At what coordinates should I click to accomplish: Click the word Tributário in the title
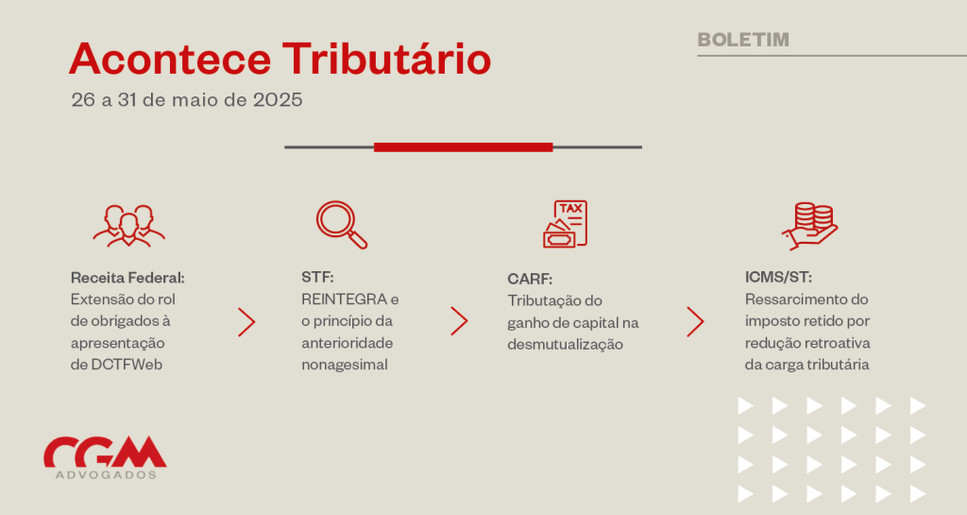tap(386, 60)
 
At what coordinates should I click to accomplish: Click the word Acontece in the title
tap(170, 60)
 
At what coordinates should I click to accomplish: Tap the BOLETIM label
tap(743, 40)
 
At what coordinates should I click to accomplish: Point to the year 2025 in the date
tap(278, 100)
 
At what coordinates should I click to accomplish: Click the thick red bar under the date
tap(463, 146)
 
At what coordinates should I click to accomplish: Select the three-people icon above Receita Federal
tap(128, 226)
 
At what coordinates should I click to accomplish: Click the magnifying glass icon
tap(342, 225)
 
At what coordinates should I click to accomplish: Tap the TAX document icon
tap(565, 224)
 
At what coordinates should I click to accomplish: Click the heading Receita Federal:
tap(127, 278)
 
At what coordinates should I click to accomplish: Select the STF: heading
tap(317, 278)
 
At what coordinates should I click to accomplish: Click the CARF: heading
tap(530, 280)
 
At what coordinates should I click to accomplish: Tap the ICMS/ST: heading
tap(778, 278)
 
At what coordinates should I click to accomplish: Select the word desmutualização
tap(565, 345)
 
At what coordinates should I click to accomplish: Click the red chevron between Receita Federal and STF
tap(246, 322)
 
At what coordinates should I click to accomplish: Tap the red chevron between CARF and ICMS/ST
tap(696, 322)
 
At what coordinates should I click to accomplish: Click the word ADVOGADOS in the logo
tap(106, 475)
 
